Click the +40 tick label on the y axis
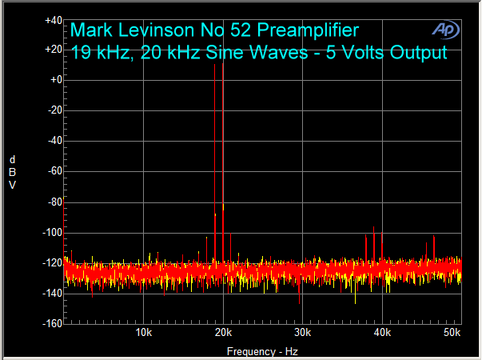[x=54, y=20]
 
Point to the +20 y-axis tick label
[x=54, y=50]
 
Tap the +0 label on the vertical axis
[x=56, y=81]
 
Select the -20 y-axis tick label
[x=54, y=110]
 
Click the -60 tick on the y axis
[x=54, y=171]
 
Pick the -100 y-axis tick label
[x=53, y=233]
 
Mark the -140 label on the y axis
[x=53, y=294]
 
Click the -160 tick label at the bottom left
[x=53, y=324]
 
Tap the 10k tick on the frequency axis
[x=144, y=333]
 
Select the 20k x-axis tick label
[x=224, y=333]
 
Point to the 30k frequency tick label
[x=303, y=333]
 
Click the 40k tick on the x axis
[x=383, y=333]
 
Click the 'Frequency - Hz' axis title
[x=262, y=351]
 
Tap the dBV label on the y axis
[x=12, y=172]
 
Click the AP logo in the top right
[x=444, y=30]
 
